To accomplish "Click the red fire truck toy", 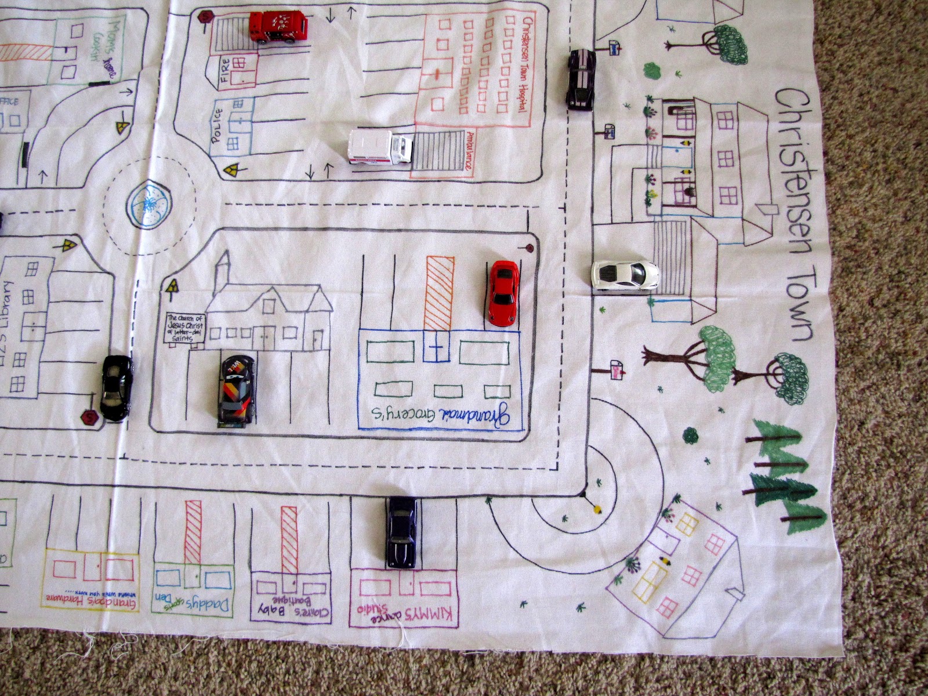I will click(278, 27).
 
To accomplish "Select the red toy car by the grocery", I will click(502, 292).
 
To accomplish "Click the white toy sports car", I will click(625, 274).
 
